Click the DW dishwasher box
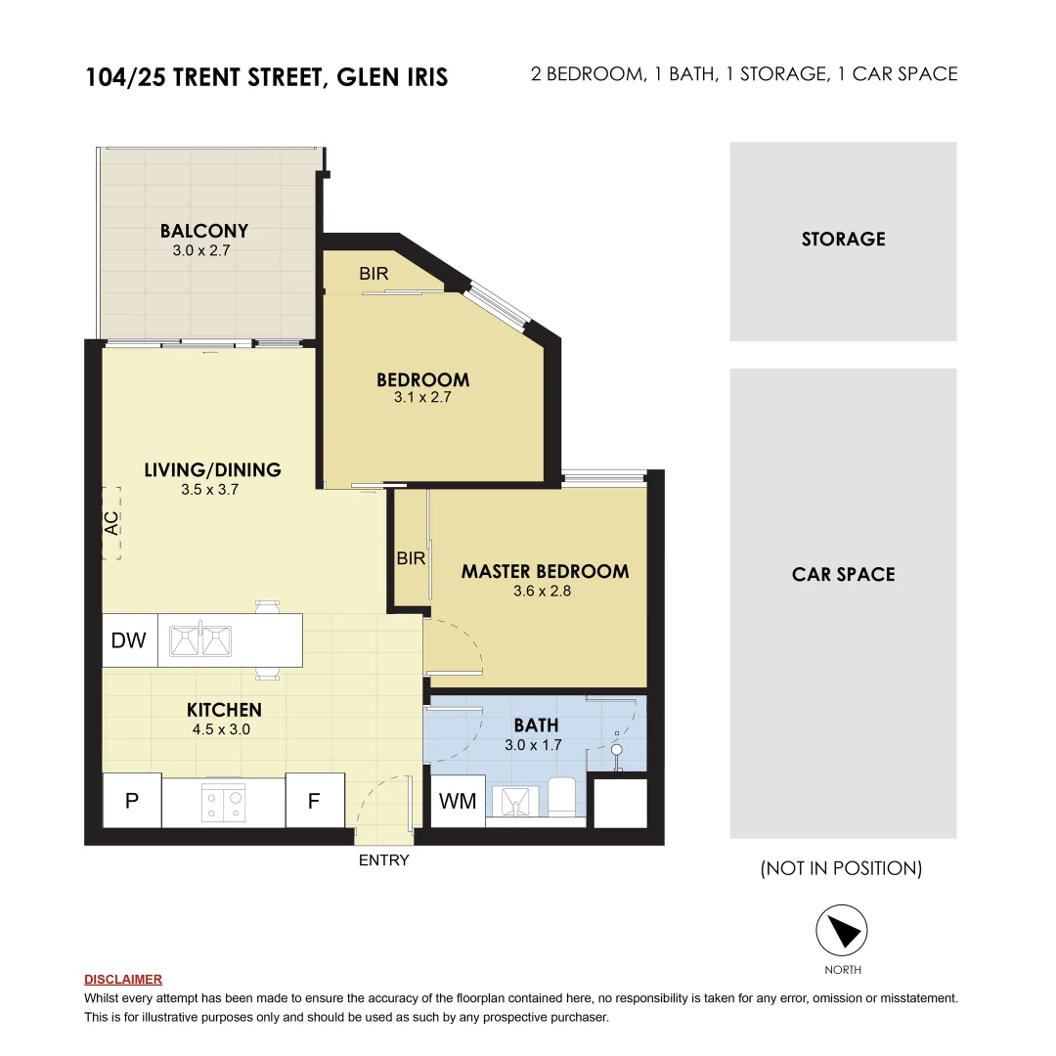pyautogui.click(x=128, y=640)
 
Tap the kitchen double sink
pyautogui.click(x=200, y=640)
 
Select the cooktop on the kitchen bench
pyautogui.click(x=223, y=803)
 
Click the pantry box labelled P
pyautogui.click(x=131, y=801)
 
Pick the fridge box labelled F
pyautogui.click(x=314, y=801)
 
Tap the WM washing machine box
pyautogui.click(x=458, y=802)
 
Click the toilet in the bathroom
pyautogui.click(x=562, y=796)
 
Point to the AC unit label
pyautogui.click(x=111, y=524)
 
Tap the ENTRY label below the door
pyautogui.click(x=383, y=860)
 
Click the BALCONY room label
pyautogui.click(x=204, y=231)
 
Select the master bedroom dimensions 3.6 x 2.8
pyautogui.click(x=545, y=592)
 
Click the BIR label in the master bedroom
pyautogui.click(x=411, y=558)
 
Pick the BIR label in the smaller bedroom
pyautogui.click(x=374, y=274)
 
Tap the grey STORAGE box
pyautogui.click(x=843, y=241)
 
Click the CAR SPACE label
pyautogui.click(x=843, y=574)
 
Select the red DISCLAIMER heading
pyautogui.click(x=123, y=979)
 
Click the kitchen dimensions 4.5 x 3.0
pyautogui.click(x=224, y=728)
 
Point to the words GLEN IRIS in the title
pyautogui.click(x=392, y=77)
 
